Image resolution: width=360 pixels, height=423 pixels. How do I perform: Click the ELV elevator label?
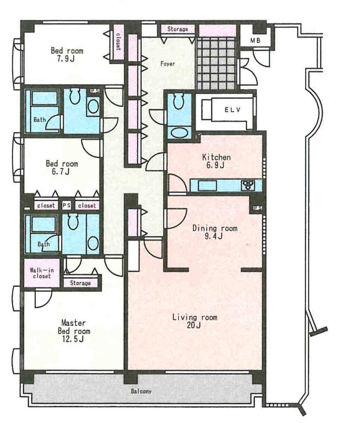tap(232, 110)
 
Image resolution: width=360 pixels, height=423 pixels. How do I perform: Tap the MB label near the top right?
tap(255, 41)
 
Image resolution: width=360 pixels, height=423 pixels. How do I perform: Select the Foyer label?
tap(167, 64)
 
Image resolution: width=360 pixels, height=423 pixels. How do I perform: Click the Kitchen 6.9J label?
tap(216, 161)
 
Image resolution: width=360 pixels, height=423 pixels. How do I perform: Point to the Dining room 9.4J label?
tap(215, 232)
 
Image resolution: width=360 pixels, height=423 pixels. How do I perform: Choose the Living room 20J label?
tap(194, 321)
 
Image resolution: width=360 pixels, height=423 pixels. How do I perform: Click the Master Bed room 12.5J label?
tap(74, 331)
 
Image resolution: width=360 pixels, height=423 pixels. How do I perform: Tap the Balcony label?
tap(141, 391)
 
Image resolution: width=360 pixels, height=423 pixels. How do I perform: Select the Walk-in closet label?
tap(42, 273)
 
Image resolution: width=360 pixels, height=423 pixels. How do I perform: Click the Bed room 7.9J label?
tap(67, 54)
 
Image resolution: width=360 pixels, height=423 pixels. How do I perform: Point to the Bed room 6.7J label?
tap(62, 167)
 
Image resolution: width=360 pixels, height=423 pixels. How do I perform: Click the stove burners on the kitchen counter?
tap(248, 185)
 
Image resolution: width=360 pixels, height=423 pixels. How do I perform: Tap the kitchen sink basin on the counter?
tap(207, 186)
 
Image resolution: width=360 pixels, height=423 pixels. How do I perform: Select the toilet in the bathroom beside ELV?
tap(178, 101)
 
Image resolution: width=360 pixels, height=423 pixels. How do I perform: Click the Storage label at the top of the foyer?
tap(177, 29)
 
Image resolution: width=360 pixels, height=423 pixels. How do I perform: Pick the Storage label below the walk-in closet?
tap(80, 283)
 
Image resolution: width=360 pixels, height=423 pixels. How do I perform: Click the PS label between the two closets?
tap(67, 206)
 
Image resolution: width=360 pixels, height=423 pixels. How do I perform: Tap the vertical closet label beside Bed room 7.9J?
tap(118, 42)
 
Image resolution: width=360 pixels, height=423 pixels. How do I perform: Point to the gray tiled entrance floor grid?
tap(216, 64)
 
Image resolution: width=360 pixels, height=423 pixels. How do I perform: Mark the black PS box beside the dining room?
tap(257, 208)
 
